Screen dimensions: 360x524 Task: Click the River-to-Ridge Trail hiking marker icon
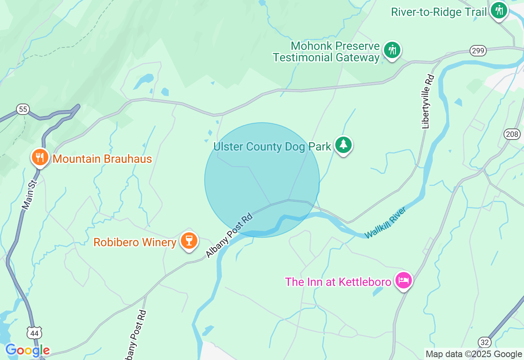pyautogui.click(x=499, y=10)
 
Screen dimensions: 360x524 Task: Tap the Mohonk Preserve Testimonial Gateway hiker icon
pyautogui.click(x=392, y=50)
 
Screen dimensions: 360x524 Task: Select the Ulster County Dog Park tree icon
pyautogui.click(x=343, y=145)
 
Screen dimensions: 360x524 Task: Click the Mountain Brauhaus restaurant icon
pyautogui.click(x=40, y=157)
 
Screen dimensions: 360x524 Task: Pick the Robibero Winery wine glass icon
pyautogui.click(x=189, y=241)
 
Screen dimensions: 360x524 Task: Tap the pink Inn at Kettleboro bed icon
pyautogui.click(x=404, y=280)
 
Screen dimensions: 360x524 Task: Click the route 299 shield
pyautogui.click(x=478, y=51)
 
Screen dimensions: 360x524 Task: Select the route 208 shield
pyautogui.click(x=512, y=134)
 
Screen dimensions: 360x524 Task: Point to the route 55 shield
pyautogui.click(x=23, y=109)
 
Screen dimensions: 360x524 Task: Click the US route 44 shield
pyautogui.click(x=34, y=333)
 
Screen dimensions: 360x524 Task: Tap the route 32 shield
pyautogui.click(x=484, y=342)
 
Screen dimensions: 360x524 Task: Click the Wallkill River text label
pyautogui.click(x=385, y=223)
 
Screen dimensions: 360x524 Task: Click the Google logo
pyautogui.click(x=27, y=351)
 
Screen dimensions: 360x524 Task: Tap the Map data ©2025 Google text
pyautogui.click(x=474, y=354)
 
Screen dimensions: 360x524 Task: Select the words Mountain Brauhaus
pyautogui.click(x=102, y=159)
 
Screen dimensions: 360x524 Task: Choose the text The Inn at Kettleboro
pyautogui.click(x=338, y=282)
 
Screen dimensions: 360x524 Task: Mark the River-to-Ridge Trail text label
pyautogui.click(x=439, y=12)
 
